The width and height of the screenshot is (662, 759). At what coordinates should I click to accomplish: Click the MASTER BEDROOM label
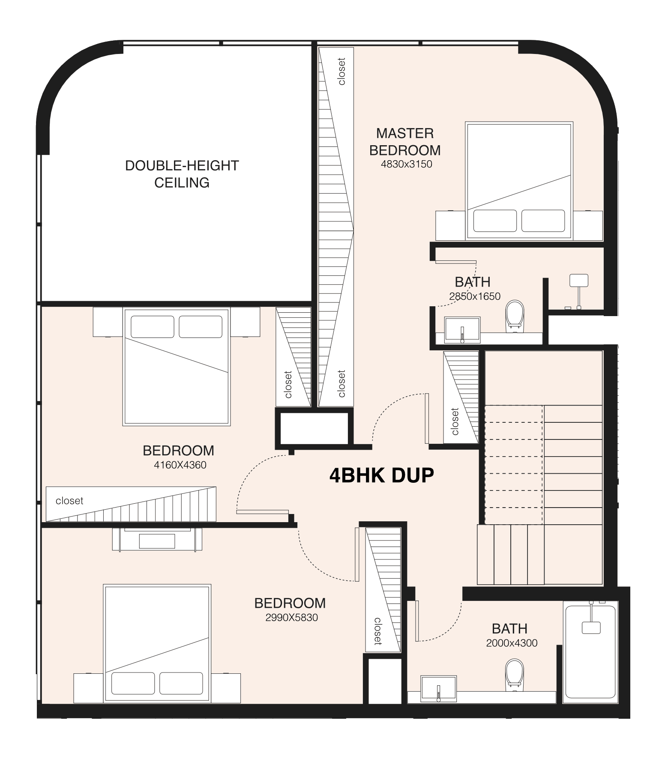(405, 142)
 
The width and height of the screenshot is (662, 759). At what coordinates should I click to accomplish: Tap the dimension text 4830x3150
(406, 164)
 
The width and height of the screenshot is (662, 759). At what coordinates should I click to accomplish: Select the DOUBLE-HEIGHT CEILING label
(182, 174)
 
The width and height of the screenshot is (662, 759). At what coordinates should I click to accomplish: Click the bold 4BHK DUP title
(381, 475)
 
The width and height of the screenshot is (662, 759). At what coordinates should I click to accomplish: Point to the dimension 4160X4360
(180, 465)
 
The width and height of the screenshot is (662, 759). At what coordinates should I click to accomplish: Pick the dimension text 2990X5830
(291, 618)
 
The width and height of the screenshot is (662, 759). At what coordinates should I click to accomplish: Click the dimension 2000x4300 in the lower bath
(512, 643)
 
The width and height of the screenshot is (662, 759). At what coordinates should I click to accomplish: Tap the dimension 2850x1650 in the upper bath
(475, 296)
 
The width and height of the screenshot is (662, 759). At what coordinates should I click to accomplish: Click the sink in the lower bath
(438, 689)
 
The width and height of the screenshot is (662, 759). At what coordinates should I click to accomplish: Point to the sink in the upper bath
(462, 330)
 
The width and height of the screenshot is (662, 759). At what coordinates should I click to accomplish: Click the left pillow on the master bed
(495, 221)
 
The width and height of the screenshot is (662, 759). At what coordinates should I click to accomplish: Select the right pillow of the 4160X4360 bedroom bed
(201, 327)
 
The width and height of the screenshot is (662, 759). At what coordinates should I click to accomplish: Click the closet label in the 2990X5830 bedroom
(377, 631)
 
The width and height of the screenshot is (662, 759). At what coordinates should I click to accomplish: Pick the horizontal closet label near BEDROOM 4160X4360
(69, 501)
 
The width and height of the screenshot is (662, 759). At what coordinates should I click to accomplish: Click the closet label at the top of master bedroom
(341, 71)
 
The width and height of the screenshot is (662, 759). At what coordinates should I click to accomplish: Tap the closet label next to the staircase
(455, 421)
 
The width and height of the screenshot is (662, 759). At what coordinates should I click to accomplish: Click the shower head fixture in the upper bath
(578, 281)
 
